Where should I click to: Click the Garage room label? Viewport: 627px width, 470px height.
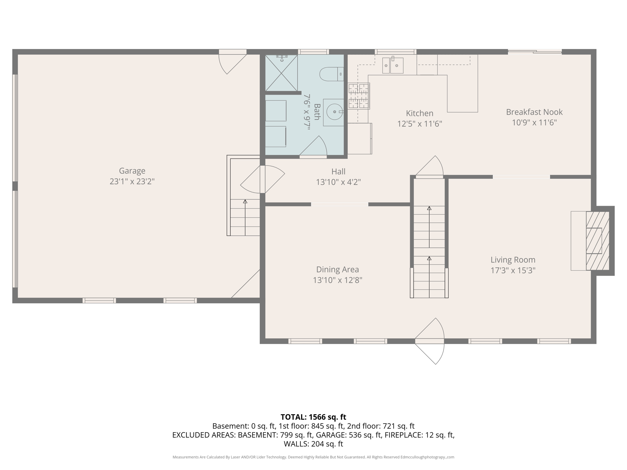132,171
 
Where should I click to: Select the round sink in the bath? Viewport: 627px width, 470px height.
334,112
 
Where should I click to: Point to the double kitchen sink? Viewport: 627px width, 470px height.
392,65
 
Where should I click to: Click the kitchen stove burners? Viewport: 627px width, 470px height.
359,96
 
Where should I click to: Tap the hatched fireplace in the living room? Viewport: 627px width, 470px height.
597,241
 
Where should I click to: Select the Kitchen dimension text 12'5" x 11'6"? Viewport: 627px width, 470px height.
419,124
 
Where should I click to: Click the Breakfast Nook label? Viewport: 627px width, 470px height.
534,112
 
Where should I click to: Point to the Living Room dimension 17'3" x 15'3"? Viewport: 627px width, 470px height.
513,270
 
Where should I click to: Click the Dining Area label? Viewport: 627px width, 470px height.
337,270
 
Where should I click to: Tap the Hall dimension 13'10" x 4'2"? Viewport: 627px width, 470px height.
338,182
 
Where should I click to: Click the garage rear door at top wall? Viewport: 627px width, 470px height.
232,61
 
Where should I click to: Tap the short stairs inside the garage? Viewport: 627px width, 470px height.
245,217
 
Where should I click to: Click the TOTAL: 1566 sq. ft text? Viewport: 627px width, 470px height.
313,417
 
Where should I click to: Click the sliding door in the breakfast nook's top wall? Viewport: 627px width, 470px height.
535,52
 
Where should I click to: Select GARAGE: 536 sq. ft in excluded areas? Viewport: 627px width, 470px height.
349,435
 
